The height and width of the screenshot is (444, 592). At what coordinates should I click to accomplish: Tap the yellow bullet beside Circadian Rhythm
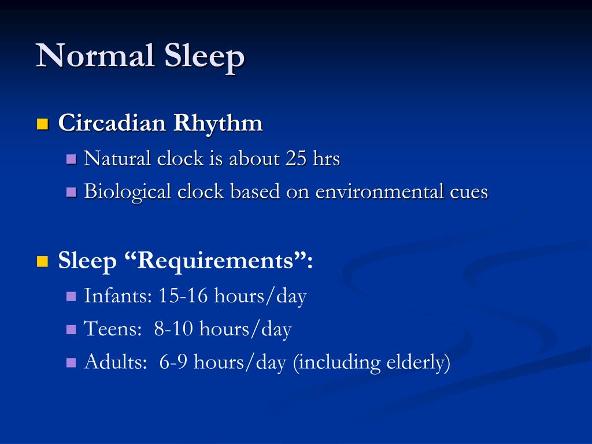click(42, 124)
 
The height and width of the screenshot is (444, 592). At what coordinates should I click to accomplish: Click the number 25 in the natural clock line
click(295, 158)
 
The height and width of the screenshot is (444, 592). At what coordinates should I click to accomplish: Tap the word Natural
click(119, 158)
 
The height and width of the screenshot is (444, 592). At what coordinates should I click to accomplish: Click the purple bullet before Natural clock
click(72, 159)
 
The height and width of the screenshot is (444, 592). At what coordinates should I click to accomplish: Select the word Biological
click(127, 192)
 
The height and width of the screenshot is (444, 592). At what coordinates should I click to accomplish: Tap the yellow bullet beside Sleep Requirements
click(42, 262)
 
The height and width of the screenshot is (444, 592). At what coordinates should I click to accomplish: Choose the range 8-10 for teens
click(174, 330)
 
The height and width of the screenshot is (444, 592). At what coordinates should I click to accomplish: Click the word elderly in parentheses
click(415, 362)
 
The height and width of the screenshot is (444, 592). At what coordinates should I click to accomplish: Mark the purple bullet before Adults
click(72, 363)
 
